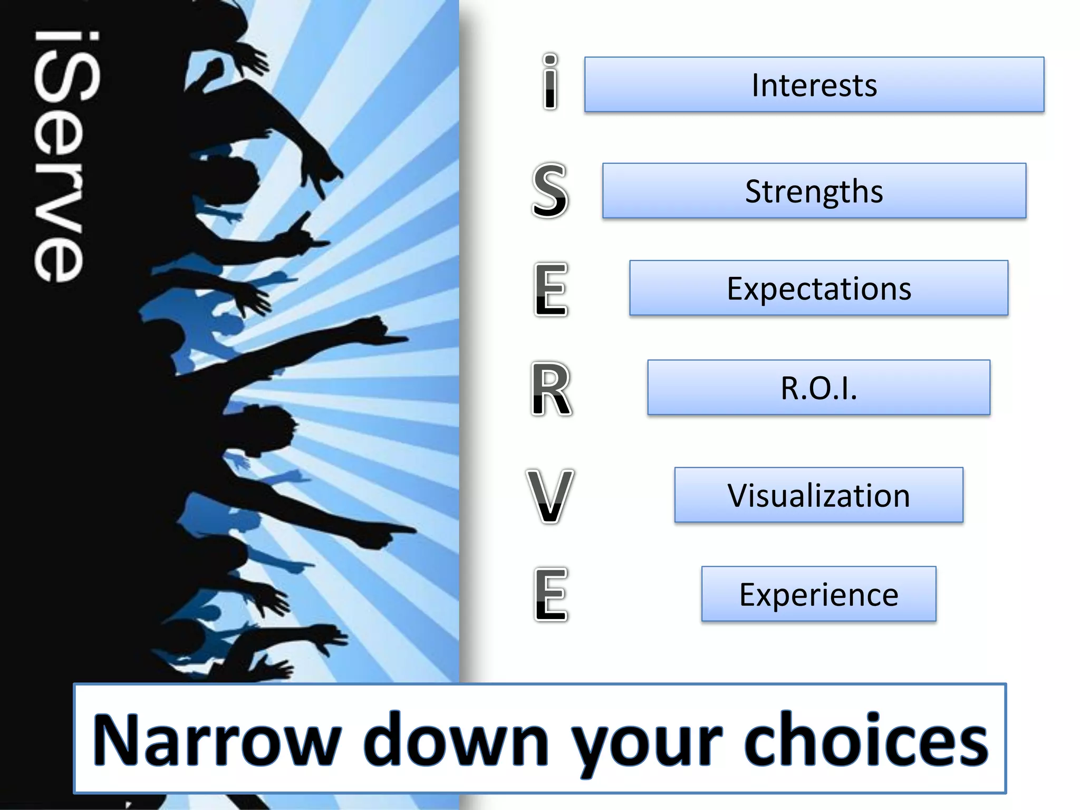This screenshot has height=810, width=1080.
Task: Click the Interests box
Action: click(814, 84)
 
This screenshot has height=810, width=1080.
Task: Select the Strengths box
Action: click(814, 190)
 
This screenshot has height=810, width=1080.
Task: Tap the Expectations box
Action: click(818, 288)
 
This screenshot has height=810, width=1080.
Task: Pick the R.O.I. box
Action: click(818, 388)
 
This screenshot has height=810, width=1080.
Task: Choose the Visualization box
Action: click(818, 495)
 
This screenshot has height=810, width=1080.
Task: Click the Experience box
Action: click(818, 594)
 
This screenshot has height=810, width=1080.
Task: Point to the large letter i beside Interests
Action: click(550, 83)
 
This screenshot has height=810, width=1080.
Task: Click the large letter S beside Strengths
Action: click(550, 190)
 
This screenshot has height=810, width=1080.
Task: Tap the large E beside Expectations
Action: click(550, 289)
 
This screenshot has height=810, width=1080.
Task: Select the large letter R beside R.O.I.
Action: click(550, 389)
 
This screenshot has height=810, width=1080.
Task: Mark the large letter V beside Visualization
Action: click(550, 496)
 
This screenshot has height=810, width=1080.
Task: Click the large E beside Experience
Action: click(550, 594)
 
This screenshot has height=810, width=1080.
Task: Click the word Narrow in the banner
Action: click(216, 739)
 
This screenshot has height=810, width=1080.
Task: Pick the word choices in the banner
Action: click(865, 739)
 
